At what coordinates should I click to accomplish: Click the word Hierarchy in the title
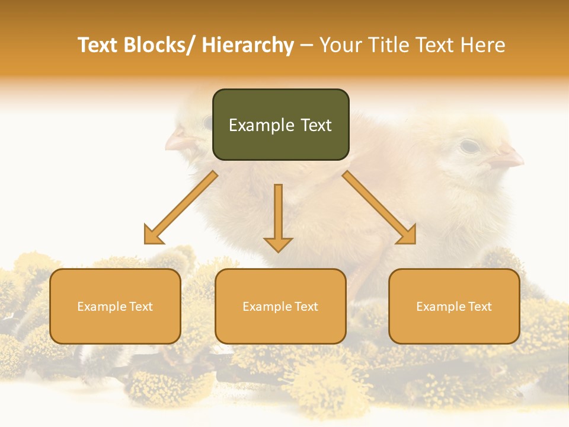coord(248,46)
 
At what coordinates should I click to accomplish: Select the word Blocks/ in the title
coord(160,46)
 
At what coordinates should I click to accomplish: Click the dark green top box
coord(280,125)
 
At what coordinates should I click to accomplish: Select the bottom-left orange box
coord(115,306)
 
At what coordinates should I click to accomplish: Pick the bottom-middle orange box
coord(280,306)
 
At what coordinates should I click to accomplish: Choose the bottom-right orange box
coord(454,306)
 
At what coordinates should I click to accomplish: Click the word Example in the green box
coord(261,125)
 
